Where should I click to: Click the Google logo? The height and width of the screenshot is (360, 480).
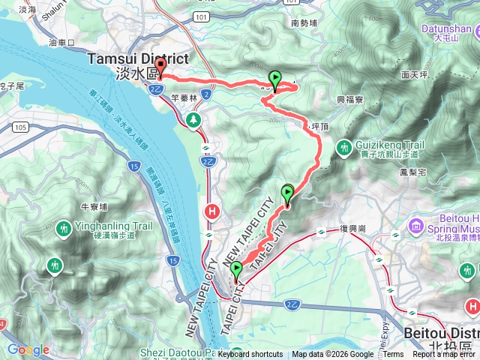[x=28, y=349]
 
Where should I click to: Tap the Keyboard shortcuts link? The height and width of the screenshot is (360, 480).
[x=250, y=355]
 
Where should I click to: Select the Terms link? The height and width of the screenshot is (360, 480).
[x=393, y=355]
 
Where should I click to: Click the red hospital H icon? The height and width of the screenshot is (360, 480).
[x=213, y=211]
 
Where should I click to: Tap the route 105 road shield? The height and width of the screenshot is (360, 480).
[x=19, y=128]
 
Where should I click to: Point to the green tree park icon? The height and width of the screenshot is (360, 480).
[x=194, y=119]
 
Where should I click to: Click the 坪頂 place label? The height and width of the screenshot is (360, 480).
[x=319, y=128]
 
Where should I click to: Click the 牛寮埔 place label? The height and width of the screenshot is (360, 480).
[x=94, y=207]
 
